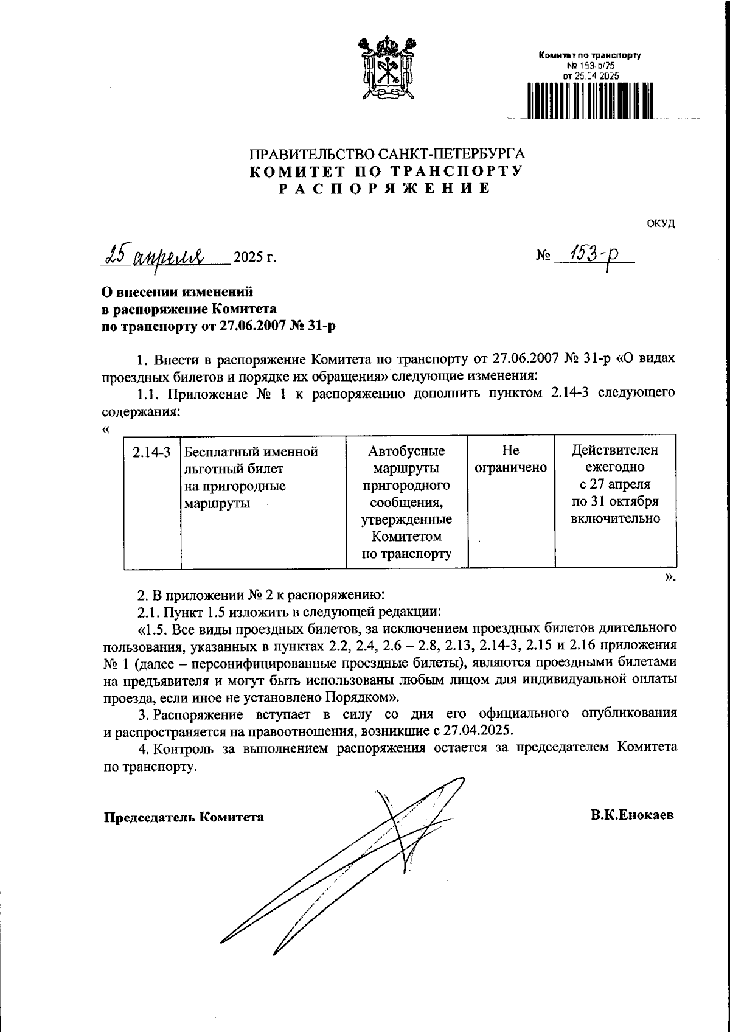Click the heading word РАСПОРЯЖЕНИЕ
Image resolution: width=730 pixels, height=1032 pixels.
(384, 189)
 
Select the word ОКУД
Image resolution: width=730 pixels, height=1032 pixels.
(661, 223)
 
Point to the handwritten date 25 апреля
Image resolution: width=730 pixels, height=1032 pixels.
(156, 256)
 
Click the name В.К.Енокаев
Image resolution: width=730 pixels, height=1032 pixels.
(632, 815)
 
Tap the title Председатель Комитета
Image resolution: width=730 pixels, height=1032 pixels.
(184, 817)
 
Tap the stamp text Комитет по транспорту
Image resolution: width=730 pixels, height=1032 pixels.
(590, 56)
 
